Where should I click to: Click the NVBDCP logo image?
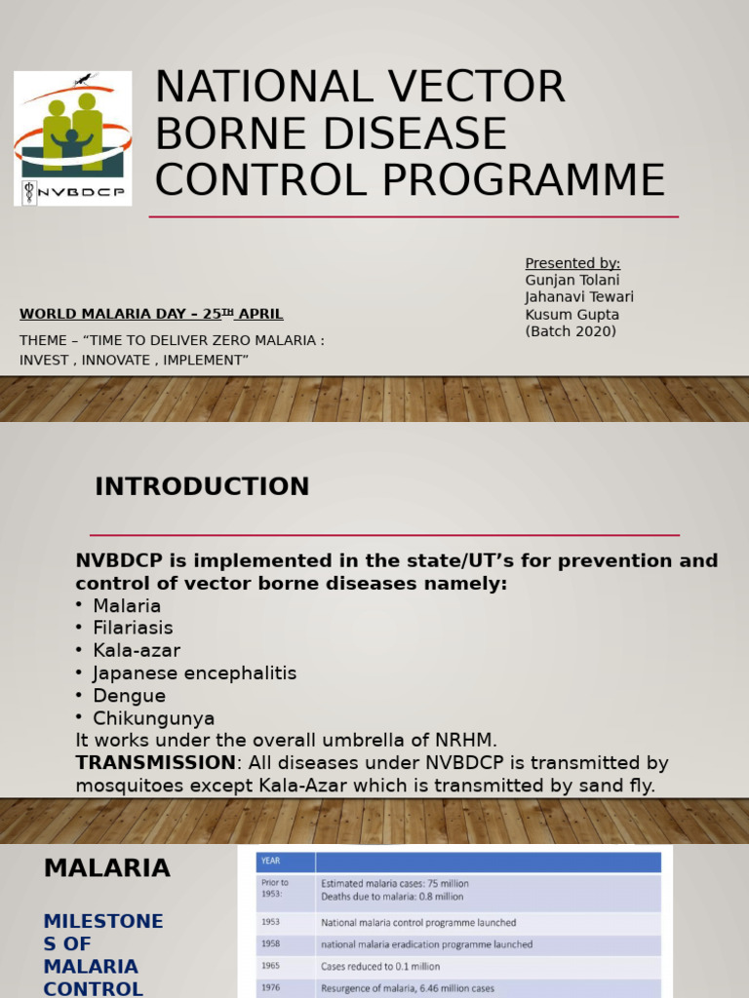tap(73, 137)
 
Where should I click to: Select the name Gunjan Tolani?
tap(572, 281)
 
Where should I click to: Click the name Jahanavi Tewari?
tap(579, 297)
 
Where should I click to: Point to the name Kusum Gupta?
tap(572, 315)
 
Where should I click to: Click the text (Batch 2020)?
tap(571, 331)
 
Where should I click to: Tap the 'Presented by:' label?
tap(572, 263)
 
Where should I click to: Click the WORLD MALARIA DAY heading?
tap(151, 314)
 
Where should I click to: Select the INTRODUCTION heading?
tap(202, 486)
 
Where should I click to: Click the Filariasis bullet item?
tap(133, 629)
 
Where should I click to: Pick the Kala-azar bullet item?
tap(137, 651)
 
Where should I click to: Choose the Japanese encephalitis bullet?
tap(194, 673)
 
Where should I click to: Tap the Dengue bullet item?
tap(129, 696)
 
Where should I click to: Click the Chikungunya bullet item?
tap(153, 719)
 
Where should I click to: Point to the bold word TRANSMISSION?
tap(156, 762)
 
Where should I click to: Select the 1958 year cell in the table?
tap(270, 944)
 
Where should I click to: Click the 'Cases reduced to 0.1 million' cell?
tap(380, 967)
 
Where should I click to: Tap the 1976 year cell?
tap(270, 988)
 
